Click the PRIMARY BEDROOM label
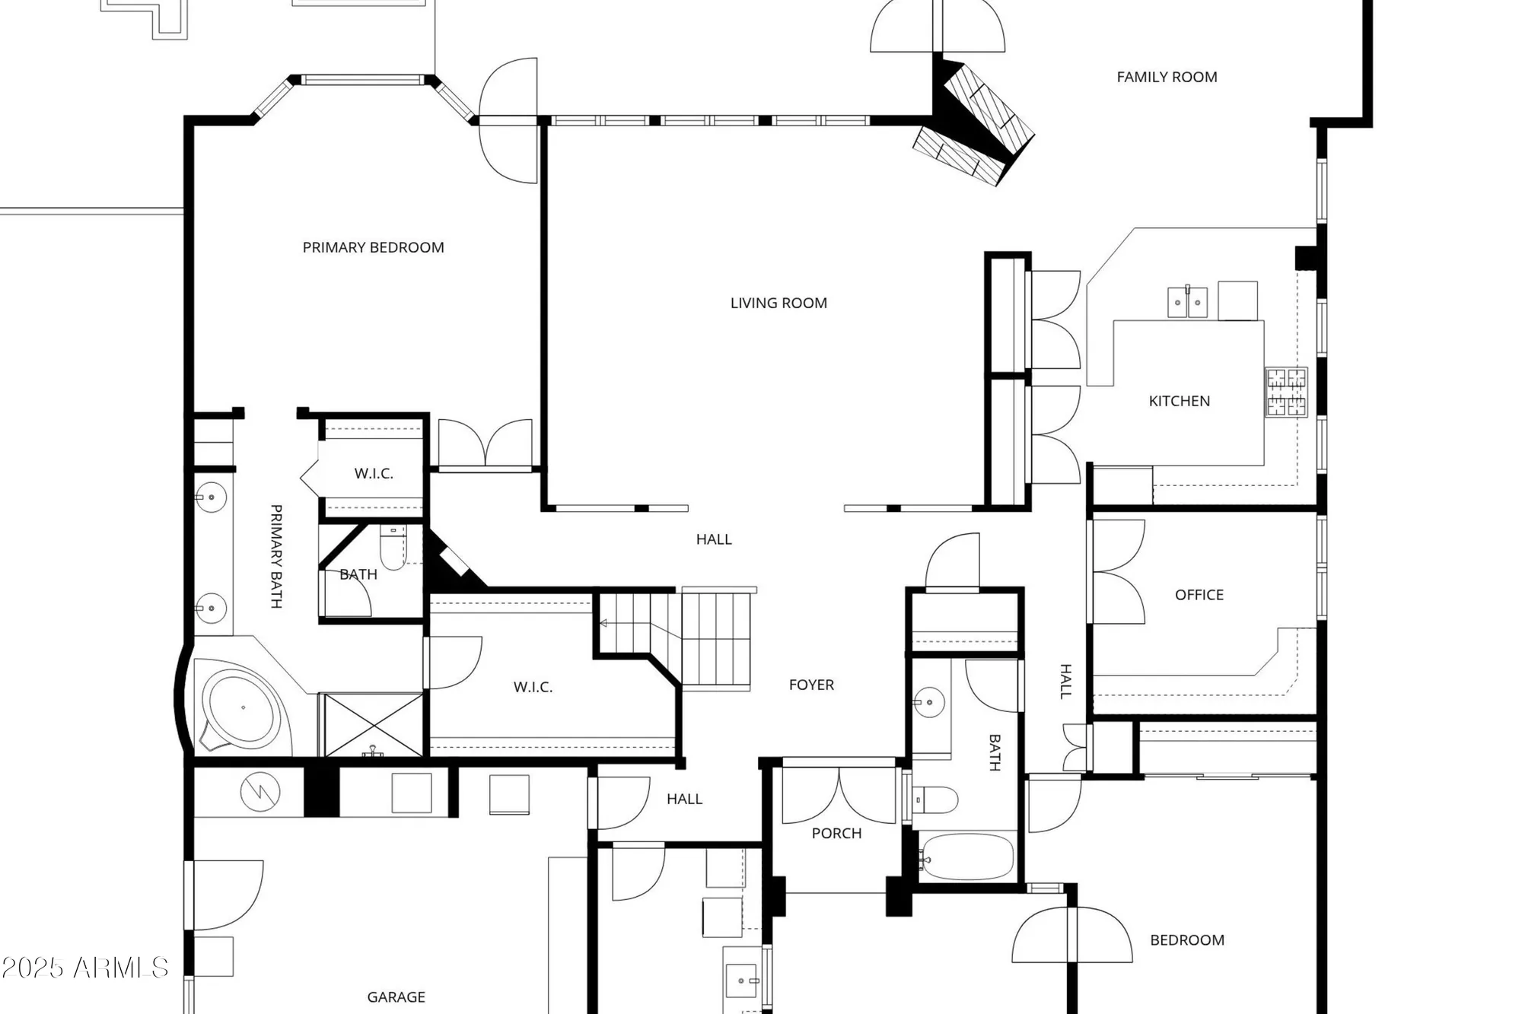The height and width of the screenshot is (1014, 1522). tap(373, 247)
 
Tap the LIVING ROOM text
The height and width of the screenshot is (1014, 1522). tap(779, 303)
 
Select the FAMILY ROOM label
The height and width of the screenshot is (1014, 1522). tap(1167, 77)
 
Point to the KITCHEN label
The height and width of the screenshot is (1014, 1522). tap(1179, 401)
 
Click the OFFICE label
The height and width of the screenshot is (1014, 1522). tap(1199, 595)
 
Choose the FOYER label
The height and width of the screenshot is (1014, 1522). tap(811, 685)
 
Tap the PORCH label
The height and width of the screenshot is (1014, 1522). tap(836, 833)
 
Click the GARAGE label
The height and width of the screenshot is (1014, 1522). tap(396, 997)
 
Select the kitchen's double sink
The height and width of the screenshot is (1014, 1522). tap(1187, 302)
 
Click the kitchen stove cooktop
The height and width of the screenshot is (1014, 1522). tap(1286, 393)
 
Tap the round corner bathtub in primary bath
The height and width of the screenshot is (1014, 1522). tap(242, 707)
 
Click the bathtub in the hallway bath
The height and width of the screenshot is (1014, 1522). tap(966, 857)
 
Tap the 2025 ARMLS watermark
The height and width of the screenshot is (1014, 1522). tap(84, 968)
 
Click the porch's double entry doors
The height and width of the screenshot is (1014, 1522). tap(839, 795)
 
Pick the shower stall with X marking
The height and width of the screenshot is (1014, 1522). tap(373, 724)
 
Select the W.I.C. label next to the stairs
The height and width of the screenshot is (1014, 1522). tap(533, 687)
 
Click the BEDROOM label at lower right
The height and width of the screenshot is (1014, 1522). tap(1186, 940)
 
